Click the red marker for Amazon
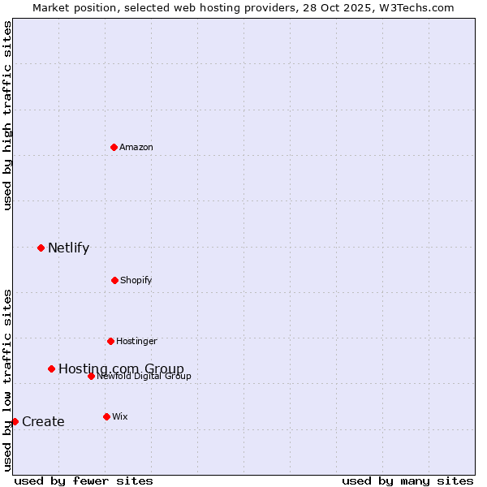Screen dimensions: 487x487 114,147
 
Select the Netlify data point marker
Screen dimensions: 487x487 41,248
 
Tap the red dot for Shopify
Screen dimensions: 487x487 114,280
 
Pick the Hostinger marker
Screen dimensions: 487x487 110,341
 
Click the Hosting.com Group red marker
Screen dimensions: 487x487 51,368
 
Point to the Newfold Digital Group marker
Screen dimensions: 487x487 91,376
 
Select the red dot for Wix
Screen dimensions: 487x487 106,416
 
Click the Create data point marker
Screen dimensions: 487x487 15,421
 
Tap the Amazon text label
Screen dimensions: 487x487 136,147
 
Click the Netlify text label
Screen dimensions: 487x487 68,248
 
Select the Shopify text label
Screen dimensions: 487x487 136,280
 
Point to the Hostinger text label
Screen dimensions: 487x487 136,341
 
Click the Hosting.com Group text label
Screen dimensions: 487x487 121,369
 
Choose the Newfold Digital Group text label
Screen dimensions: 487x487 144,376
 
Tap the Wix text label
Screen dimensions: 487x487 119,416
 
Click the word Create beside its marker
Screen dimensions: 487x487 43,422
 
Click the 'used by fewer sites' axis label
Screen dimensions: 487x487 84,481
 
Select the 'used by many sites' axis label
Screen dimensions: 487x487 407,481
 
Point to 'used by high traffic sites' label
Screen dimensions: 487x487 7,115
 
